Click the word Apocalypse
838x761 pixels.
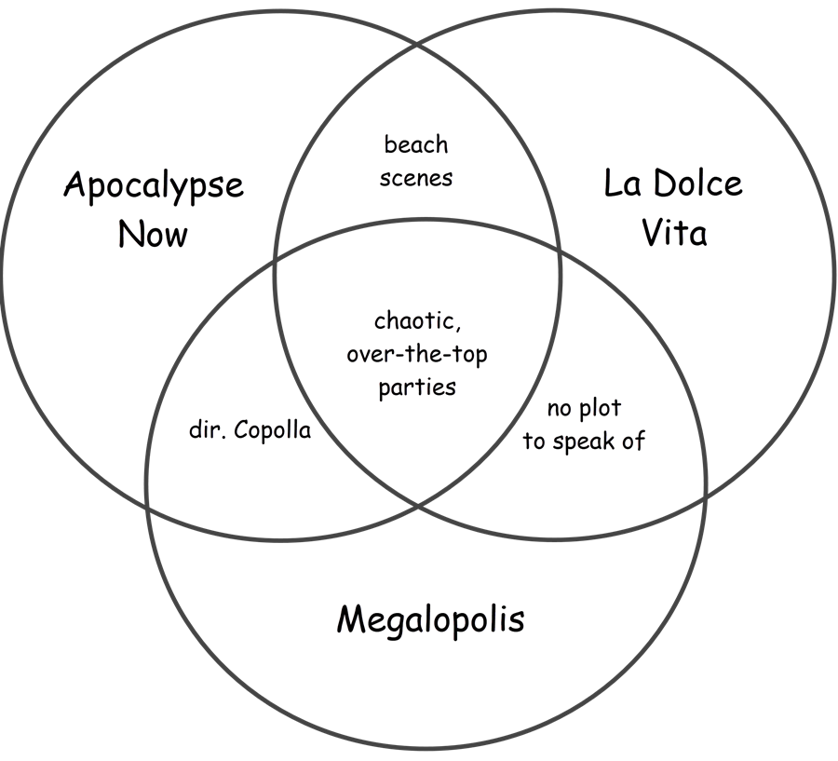(154, 186)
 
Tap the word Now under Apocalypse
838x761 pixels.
(153, 233)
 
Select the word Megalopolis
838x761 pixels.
(430, 618)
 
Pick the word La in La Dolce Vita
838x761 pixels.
(622, 183)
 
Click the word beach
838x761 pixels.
(416, 144)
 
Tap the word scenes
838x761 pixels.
(416, 177)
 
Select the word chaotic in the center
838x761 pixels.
(417, 321)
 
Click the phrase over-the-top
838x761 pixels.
(417, 354)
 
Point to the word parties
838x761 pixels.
(417, 387)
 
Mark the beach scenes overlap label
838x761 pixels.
(416, 160)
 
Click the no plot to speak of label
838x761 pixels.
(584, 425)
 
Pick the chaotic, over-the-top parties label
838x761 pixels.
(417, 354)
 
